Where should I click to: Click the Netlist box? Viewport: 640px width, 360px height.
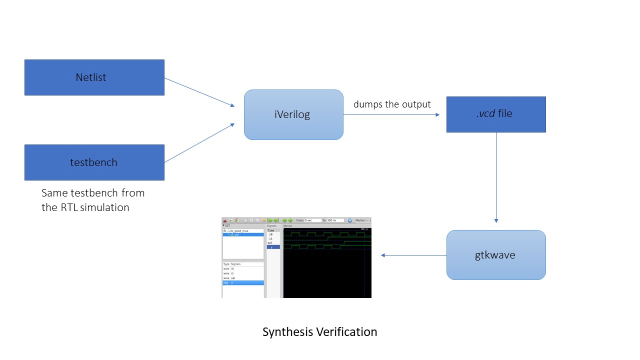coord(94,77)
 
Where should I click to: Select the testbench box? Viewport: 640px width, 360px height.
coord(94,162)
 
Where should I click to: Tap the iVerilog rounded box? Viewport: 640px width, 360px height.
coord(293,114)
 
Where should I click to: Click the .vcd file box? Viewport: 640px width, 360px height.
coord(495,114)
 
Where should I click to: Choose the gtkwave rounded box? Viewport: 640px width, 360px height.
coord(495,255)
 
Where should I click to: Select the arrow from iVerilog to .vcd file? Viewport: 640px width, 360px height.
coord(391,114)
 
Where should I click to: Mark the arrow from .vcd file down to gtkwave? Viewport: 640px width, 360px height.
coord(496,177)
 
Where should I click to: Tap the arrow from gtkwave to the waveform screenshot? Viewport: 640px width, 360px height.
coord(413,255)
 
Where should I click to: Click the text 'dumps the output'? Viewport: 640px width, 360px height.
coord(392,104)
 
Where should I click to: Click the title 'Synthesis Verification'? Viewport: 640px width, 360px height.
coord(319,331)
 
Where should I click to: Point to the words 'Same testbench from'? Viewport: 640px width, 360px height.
coord(93,192)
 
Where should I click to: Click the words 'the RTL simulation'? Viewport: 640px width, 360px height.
coord(85,207)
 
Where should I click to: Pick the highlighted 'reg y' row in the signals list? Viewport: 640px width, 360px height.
coord(243,283)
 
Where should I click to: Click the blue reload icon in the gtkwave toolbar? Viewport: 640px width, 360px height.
coord(349,220)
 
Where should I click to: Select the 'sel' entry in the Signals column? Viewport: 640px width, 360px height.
coord(269,242)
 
